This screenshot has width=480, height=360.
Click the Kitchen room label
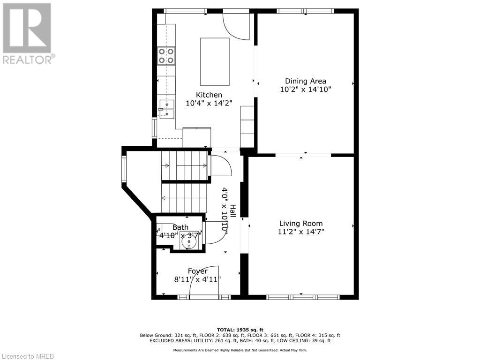(x=209, y=95)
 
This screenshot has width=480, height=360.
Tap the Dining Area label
(x=305, y=81)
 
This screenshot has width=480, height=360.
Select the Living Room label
(x=301, y=224)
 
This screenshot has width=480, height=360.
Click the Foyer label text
(x=197, y=271)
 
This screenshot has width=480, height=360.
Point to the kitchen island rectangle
(x=215, y=61)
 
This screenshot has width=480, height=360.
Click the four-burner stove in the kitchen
(x=166, y=55)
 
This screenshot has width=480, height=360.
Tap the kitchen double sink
(x=166, y=109)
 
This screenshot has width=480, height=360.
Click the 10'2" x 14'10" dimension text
(x=305, y=89)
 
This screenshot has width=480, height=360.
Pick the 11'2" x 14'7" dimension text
(x=301, y=232)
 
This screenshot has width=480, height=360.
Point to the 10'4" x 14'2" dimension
(x=209, y=103)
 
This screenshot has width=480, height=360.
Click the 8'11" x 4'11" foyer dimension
(x=197, y=279)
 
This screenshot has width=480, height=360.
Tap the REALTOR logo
(x=28, y=33)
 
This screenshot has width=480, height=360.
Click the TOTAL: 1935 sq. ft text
(x=240, y=330)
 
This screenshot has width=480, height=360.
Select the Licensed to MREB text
(x=28, y=356)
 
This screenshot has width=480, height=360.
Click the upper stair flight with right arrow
(x=185, y=165)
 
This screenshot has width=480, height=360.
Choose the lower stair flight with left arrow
(x=184, y=198)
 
